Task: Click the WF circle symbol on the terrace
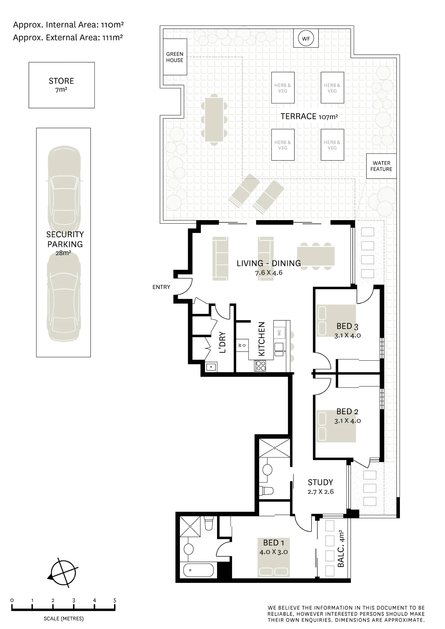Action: (306, 39)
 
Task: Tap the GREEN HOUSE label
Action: (174, 57)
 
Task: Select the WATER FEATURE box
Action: (381, 166)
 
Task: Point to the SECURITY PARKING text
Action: (65, 239)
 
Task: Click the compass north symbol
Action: (63, 573)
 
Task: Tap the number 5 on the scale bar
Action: (115, 600)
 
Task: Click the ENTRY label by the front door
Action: (161, 287)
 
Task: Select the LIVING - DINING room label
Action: (269, 263)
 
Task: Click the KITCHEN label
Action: (261, 339)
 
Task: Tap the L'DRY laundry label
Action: (223, 342)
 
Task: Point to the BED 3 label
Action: (347, 326)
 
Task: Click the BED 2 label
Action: (347, 411)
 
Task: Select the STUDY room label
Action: (320, 482)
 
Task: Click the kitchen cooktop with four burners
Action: (260, 365)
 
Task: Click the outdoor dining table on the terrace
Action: (214, 120)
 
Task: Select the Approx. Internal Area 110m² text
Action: (68, 25)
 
